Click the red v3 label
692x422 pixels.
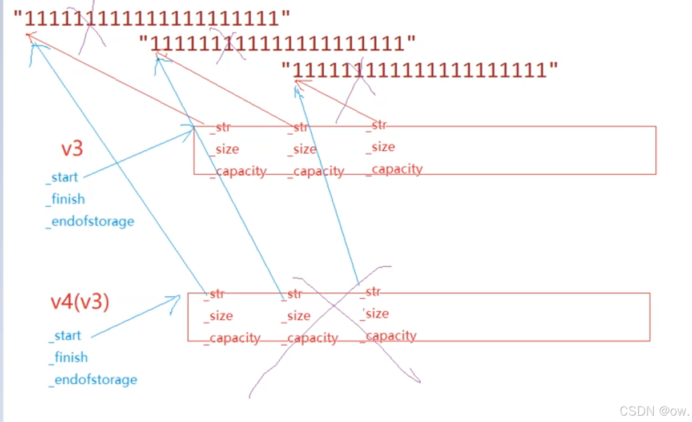point(73,149)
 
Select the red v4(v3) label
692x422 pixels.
point(80,302)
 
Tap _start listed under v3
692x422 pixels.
point(62,177)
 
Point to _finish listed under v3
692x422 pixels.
point(66,199)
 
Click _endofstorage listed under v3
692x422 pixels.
point(90,222)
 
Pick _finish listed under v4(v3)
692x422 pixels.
point(69,357)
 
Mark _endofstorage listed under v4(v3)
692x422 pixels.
point(93,380)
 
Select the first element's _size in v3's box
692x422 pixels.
point(224,150)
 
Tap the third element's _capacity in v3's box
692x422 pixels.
point(395,169)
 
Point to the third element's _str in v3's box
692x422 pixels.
point(376,125)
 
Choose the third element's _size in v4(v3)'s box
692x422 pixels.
point(375,314)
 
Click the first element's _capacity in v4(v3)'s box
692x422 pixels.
point(232,338)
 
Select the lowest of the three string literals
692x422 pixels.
point(420,70)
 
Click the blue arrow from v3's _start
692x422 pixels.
point(137,154)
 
